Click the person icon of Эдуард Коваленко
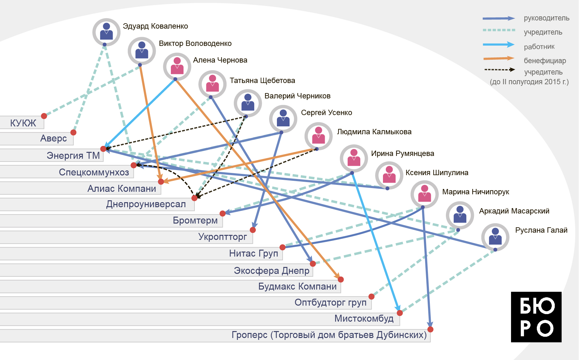pyautogui.click(x=106, y=32)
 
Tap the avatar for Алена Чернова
pyautogui.click(x=177, y=66)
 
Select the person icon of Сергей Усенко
pyautogui.click(x=283, y=119)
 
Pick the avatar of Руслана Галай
pyautogui.click(x=495, y=237)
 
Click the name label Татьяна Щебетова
pyautogui.click(x=262, y=80)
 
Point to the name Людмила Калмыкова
pyautogui.click(x=374, y=132)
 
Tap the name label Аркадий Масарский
pyautogui.click(x=514, y=211)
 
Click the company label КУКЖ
pyautogui.click(x=23, y=123)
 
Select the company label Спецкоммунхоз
pyautogui.click(x=94, y=172)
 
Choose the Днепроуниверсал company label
pyautogui.click(x=146, y=204)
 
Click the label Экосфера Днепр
pyautogui.click(x=272, y=271)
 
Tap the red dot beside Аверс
pyautogui.click(x=73, y=132)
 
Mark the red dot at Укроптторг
pyautogui.click(x=253, y=230)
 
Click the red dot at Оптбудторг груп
pyautogui.click(x=371, y=296)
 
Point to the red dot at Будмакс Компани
pyautogui.click(x=341, y=280)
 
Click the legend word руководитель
pyautogui.click(x=546, y=18)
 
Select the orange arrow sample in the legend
pyautogui.click(x=499, y=58)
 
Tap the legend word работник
pyautogui.click(x=539, y=47)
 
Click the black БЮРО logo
pyautogui.click(x=536, y=317)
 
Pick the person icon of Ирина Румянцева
pyautogui.click(x=354, y=158)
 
